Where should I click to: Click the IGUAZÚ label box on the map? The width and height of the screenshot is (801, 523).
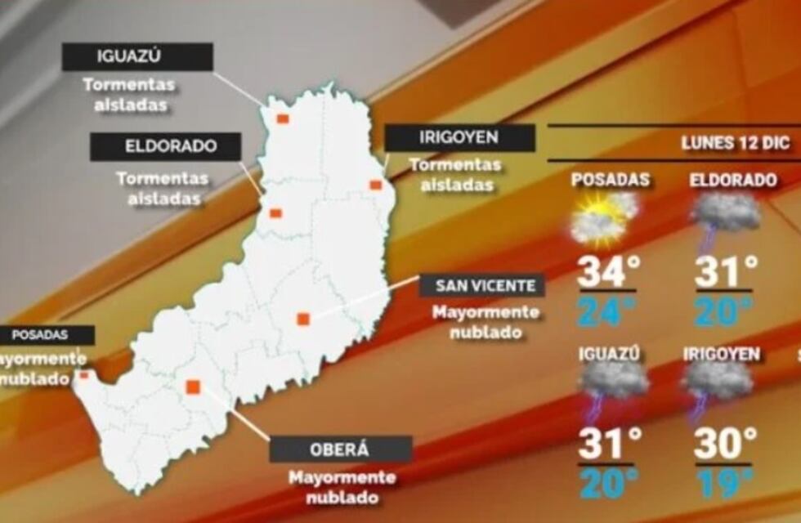(x=137, y=57)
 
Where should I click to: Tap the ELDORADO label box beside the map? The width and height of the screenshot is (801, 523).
(x=165, y=147)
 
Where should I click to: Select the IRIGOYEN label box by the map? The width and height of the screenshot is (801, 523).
(x=459, y=138)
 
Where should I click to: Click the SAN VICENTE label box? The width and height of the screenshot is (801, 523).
(x=481, y=286)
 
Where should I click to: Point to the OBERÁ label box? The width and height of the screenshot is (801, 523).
(x=340, y=449)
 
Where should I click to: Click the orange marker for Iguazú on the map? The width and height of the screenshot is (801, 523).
(x=282, y=118)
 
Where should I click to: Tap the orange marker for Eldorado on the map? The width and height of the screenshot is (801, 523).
(x=275, y=213)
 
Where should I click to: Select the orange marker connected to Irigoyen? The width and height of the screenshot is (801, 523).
(x=375, y=185)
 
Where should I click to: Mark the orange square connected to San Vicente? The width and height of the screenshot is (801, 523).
(x=302, y=319)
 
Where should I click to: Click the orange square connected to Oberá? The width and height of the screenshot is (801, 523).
(x=193, y=387)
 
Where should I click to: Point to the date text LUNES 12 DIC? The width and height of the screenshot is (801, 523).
(x=735, y=143)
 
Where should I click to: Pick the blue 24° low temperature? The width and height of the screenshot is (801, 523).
(x=606, y=311)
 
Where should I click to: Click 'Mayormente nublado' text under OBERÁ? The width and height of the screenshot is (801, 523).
(x=342, y=487)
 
